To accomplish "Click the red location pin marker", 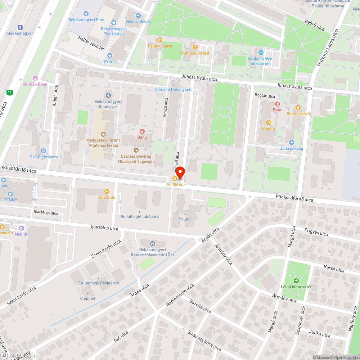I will (x=180, y=172).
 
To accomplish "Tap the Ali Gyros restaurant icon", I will (x=175, y=179).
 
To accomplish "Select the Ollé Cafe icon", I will (x=107, y=192).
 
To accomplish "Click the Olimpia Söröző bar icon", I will (x=195, y=47).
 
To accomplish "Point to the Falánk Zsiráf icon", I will (x=160, y=40).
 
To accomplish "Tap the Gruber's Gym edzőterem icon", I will (x=261, y=53).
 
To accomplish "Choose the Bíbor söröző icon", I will (x=298, y=108).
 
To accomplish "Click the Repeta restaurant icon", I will (x=268, y=122).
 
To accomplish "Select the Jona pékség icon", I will (x=291, y=143).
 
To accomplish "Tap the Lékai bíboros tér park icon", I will (x=296, y=280).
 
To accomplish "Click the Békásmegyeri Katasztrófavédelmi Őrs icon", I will (x=152, y=244).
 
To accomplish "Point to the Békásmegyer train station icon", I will (x=20, y=27).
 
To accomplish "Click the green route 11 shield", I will (x=9, y=93).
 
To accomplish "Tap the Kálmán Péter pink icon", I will (x=35, y=78).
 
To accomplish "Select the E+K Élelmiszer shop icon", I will (x=44, y=151).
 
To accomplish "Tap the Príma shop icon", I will (x=110, y=55).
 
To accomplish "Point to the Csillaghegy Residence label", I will (x=98, y=283).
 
